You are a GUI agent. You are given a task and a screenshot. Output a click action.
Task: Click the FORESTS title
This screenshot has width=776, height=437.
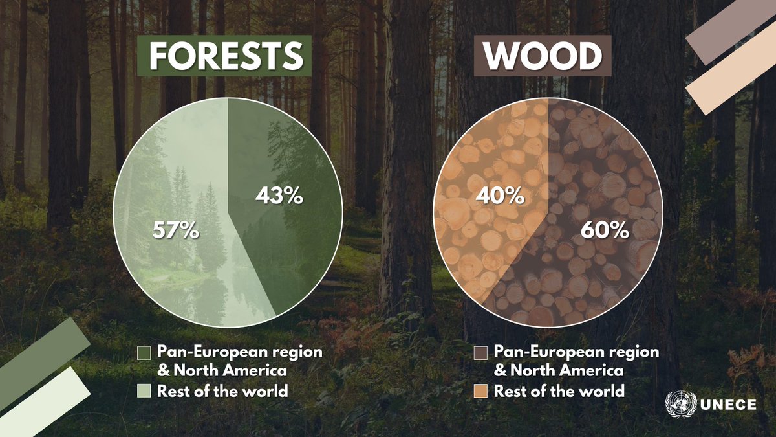tap(226, 57)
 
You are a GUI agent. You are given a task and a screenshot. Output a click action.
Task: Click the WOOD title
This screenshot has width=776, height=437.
tap(543, 57)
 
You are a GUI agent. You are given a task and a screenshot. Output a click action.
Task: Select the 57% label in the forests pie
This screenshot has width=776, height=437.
tap(175, 230)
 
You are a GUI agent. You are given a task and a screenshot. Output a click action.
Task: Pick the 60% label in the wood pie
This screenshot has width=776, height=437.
tap(605, 230)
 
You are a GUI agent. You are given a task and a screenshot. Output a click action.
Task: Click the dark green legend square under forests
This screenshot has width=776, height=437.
tap(145, 353)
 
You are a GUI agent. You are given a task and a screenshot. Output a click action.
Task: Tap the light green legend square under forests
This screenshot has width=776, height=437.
tap(145, 391)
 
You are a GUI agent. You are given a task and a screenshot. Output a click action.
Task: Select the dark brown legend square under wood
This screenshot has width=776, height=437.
tap(480, 353)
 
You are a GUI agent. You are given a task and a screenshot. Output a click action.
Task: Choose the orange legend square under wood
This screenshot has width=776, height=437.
tap(480, 391)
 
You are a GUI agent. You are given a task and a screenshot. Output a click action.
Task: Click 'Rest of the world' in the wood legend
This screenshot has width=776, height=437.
tap(559, 391)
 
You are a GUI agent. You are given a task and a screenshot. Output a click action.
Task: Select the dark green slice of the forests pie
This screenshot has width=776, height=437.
tap(291, 246)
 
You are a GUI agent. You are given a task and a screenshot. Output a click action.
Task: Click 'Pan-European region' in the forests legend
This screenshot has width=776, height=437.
tap(240, 352)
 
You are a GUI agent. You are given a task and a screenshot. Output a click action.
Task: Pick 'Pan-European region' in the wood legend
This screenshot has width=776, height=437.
tap(576, 352)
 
